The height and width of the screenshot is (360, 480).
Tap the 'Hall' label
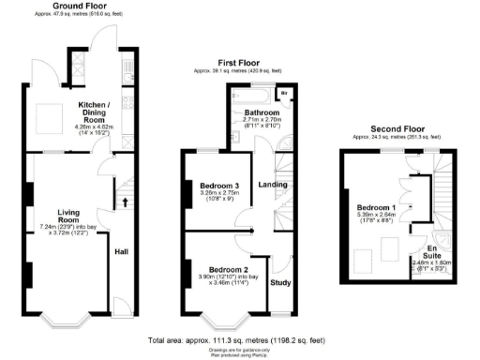pyautogui.click(x=122, y=251)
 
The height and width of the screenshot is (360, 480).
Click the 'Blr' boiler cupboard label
pyautogui.click(x=284, y=95)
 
